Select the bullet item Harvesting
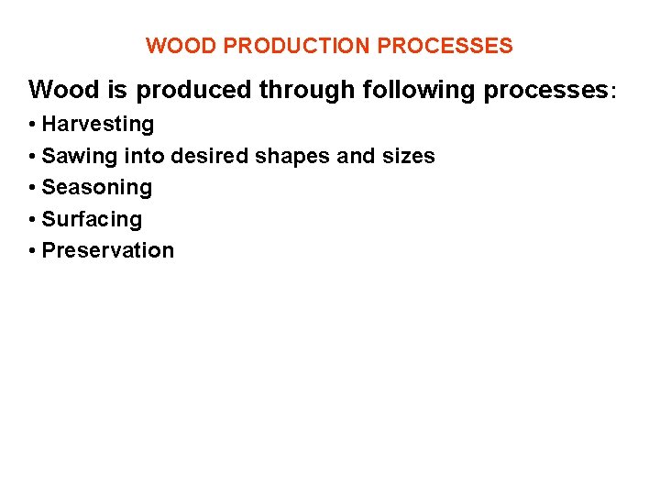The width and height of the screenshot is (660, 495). tap(98, 125)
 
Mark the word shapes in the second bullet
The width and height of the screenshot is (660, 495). tap(292, 157)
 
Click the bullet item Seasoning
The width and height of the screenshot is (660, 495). tap(97, 188)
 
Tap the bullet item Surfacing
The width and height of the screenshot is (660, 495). tap(93, 220)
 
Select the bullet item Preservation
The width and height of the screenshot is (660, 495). tap(108, 251)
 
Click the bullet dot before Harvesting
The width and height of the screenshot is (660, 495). tap(32, 125)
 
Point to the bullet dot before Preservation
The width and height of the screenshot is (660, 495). tap(32, 251)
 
